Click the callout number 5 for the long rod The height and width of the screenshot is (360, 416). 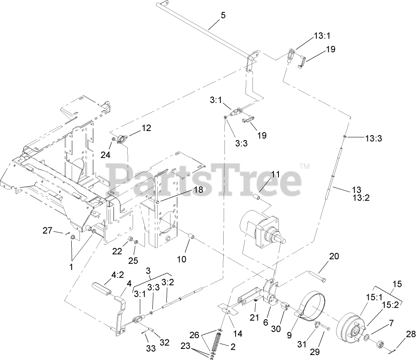(223, 15)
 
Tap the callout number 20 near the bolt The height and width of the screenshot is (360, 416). (334, 256)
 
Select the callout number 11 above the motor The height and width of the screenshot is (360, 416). (275, 174)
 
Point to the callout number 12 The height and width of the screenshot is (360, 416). (146, 128)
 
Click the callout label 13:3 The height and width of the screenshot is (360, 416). (374, 138)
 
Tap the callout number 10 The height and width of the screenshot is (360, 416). (182, 259)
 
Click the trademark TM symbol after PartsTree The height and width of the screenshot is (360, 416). (304, 166)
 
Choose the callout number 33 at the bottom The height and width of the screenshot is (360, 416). (151, 348)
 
